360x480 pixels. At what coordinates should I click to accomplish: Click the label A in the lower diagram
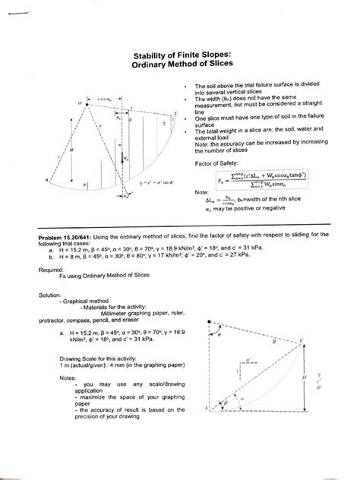pyautogui.click(x=206, y=408)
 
